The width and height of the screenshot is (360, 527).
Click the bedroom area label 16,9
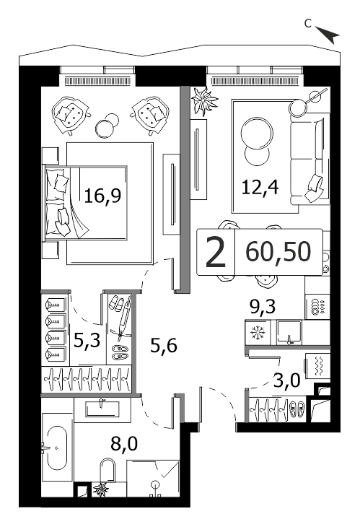(x=102, y=196)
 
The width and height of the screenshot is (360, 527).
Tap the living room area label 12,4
(x=260, y=187)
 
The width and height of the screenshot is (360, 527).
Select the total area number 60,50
(x=278, y=252)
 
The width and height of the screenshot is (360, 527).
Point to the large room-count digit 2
(x=216, y=253)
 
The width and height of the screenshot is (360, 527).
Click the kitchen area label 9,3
(x=263, y=306)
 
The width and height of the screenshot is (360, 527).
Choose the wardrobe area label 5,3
(x=87, y=341)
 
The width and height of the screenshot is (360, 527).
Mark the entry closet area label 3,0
(x=286, y=381)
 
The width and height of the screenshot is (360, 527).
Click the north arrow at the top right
(x=328, y=34)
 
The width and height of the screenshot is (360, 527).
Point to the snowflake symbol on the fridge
(x=258, y=333)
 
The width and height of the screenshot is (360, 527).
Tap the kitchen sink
(x=289, y=333)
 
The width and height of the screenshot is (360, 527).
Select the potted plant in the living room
(x=203, y=101)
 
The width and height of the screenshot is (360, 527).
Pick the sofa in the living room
(x=310, y=159)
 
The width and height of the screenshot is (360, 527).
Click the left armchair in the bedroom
(x=71, y=115)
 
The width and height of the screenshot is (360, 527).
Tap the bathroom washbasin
(x=102, y=409)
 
